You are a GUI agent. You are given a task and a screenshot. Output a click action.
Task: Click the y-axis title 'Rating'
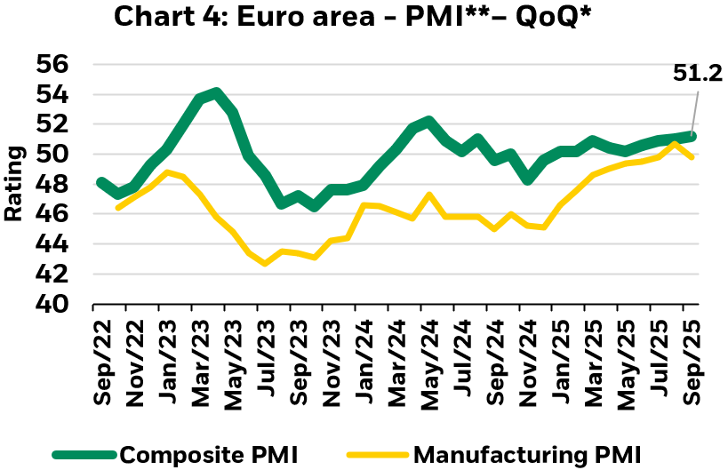(15, 184)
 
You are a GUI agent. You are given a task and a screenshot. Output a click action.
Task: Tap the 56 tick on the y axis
(53, 64)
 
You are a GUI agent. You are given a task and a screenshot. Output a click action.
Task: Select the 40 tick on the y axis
(53, 304)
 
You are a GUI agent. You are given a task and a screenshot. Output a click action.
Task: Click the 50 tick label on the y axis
(53, 154)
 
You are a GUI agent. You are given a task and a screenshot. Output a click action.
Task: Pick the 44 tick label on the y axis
(53, 244)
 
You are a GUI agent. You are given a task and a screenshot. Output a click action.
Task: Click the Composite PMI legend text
(209, 454)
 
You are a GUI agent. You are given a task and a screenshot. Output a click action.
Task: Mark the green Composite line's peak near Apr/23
(216, 92)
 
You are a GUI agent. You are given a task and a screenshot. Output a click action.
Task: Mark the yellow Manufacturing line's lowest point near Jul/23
(265, 263)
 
